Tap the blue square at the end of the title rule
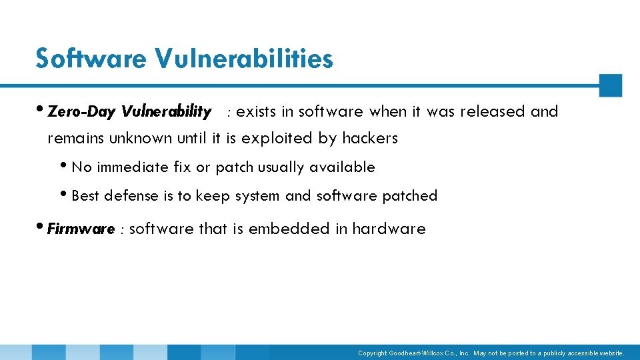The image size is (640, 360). click(610, 85)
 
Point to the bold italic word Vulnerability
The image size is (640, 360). click(167, 112)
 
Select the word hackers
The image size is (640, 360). click(370, 139)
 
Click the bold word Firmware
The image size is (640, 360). click(81, 229)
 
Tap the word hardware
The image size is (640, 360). click(389, 229)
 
